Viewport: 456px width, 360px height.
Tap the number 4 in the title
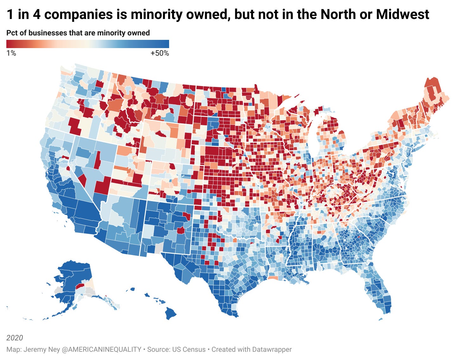tap(37, 14)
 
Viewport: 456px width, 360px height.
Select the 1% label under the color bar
tap(11, 53)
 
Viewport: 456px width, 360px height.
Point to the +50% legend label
tap(160, 53)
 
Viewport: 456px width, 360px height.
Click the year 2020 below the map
tap(15, 338)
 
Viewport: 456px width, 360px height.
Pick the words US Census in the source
tap(189, 350)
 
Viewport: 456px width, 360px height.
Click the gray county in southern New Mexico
tap(158, 248)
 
